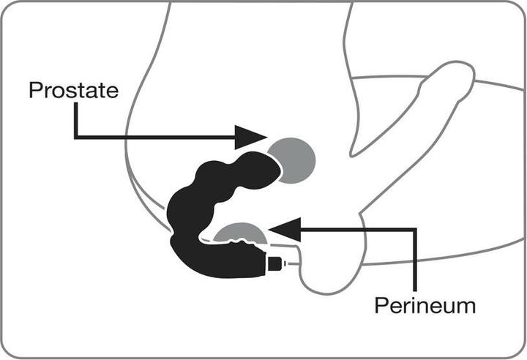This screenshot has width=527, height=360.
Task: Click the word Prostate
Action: [74, 90]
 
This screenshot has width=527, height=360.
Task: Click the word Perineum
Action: [425, 306]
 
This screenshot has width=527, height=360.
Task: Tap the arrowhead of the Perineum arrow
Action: [285, 230]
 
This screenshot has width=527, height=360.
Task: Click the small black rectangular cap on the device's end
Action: [274, 263]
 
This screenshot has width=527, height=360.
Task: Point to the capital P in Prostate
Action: [35, 90]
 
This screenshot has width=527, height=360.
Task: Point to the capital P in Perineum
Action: [381, 306]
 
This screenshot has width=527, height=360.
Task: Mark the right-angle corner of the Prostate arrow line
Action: [76, 137]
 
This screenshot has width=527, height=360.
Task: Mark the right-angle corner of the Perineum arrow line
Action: [415, 230]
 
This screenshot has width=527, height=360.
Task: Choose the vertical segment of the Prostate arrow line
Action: [76, 120]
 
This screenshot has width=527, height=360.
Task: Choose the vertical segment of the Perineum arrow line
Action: [415, 260]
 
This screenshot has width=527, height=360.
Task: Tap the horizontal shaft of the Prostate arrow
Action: [155, 137]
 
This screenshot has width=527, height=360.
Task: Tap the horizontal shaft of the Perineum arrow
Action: [358, 230]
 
